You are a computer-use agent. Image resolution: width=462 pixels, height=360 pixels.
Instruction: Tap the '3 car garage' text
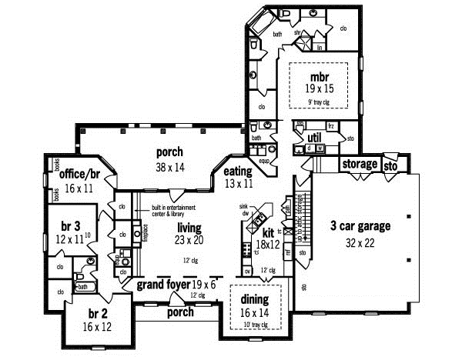click(361, 225)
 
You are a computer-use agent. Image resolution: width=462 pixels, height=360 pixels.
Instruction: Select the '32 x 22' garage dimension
click(361, 242)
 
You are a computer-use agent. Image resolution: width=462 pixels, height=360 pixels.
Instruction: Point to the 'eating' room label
click(238, 171)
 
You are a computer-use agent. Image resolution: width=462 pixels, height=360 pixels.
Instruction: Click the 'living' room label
click(189, 228)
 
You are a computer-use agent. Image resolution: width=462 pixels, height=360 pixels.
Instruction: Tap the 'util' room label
click(313, 136)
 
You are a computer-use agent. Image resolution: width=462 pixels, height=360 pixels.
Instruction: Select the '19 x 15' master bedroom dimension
click(318, 89)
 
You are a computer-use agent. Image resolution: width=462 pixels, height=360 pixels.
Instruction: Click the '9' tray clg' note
click(318, 101)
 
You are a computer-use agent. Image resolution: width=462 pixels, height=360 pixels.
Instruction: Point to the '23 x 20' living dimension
click(189, 240)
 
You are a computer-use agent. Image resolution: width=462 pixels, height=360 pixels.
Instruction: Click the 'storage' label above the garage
click(360, 164)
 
